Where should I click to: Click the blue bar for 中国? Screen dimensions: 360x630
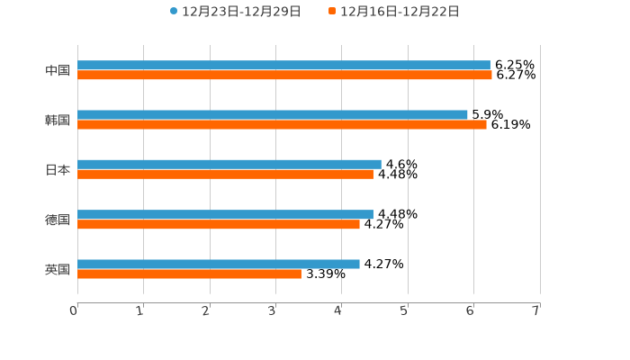click(x=283, y=65)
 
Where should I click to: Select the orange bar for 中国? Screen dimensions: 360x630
click(x=284, y=76)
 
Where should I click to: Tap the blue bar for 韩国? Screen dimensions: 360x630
click(x=273, y=114)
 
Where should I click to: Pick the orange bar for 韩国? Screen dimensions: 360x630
click(x=282, y=125)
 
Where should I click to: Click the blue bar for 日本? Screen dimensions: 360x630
click(x=229, y=164)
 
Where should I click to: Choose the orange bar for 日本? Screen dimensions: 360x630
click(x=225, y=175)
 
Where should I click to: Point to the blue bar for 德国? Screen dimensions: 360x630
click(x=225, y=214)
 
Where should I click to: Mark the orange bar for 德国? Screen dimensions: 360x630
click(x=219, y=224)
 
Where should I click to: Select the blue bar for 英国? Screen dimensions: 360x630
click(x=219, y=264)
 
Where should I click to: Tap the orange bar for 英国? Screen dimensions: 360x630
click(x=189, y=274)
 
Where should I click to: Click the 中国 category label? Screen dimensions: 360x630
click(x=58, y=70)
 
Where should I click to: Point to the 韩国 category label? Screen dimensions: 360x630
click(x=58, y=120)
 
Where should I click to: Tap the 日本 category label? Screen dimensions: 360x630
click(x=58, y=169)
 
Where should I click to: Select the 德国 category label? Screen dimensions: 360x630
click(x=58, y=220)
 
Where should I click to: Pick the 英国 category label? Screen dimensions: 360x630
click(x=58, y=269)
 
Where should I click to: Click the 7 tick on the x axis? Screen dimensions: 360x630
click(x=536, y=310)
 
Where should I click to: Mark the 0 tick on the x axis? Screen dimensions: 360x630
click(x=74, y=310)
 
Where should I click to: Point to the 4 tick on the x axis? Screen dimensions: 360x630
click(x=338, y=310)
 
